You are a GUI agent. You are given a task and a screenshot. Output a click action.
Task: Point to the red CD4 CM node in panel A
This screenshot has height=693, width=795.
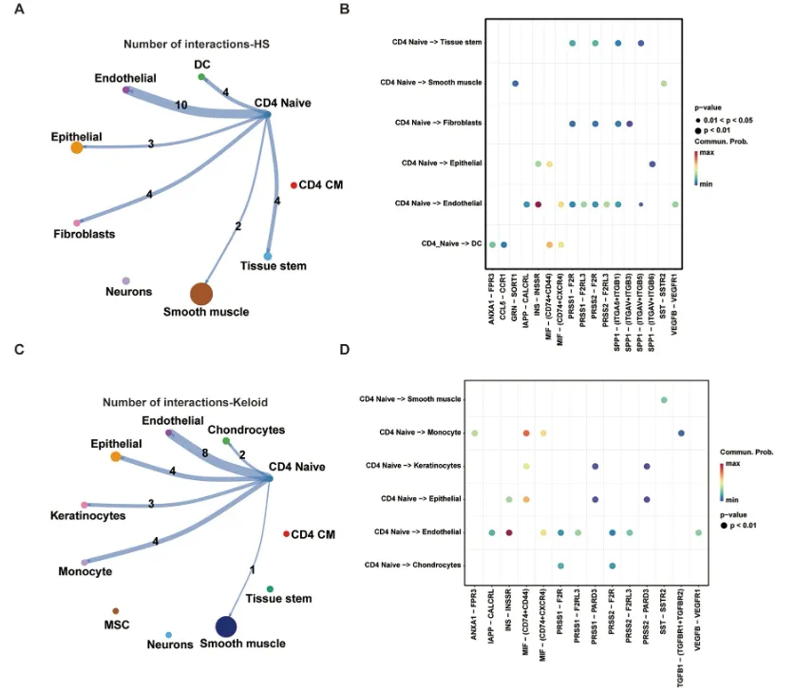tap(293, 184)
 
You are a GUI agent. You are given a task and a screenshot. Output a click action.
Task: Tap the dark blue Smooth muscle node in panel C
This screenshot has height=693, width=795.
tap(226, 626)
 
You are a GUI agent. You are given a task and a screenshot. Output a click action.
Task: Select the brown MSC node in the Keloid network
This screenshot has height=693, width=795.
tap(115, 610)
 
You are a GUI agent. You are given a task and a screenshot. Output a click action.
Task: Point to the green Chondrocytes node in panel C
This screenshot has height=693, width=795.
tap(225, 441)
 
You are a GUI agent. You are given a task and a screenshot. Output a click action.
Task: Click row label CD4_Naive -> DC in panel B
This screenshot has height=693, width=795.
tap(450, 244)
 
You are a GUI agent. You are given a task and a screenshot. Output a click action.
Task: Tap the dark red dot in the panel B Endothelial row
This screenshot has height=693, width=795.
tap(538, 204)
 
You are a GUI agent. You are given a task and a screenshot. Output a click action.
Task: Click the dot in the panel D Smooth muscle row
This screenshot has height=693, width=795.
tap(664, 399)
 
